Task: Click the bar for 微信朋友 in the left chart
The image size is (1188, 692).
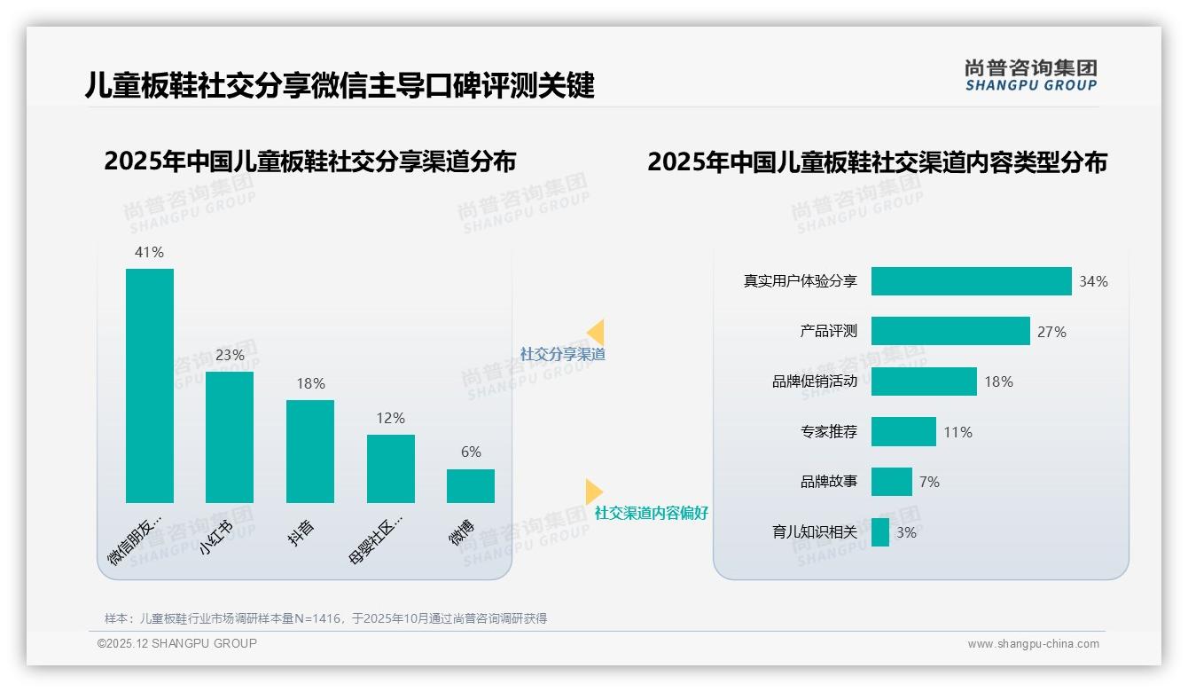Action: coord(150,386)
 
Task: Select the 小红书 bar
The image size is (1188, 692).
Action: coord(230,437)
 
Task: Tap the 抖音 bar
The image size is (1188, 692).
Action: coord(310,452)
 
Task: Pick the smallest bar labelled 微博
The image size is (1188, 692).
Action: coord(471,486)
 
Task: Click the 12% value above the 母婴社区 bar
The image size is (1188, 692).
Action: coord(390,418)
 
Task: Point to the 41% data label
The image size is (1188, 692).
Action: coord(149,252)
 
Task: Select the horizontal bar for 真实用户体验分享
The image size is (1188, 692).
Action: coord(971,281)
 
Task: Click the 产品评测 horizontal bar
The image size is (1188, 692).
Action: coord(950,331)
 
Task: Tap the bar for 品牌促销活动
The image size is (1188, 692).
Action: coord(924,381)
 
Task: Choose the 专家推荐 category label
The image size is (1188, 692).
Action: coord(829,432)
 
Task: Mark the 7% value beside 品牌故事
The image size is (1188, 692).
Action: coord(929,482)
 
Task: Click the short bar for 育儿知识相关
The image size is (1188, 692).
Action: coord(880,532)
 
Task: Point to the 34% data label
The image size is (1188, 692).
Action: coord(1093,281)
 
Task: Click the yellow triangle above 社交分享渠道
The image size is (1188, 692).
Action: coord(596,332)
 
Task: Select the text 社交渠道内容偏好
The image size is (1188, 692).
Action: coord(652,513)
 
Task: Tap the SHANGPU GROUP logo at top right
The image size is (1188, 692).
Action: coord(1030,75)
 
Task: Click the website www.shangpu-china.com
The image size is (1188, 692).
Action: coord(1033,644)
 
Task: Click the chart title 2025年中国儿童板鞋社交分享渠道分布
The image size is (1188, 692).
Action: coord(310,161)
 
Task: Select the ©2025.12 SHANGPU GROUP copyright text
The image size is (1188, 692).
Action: coord(177,643)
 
